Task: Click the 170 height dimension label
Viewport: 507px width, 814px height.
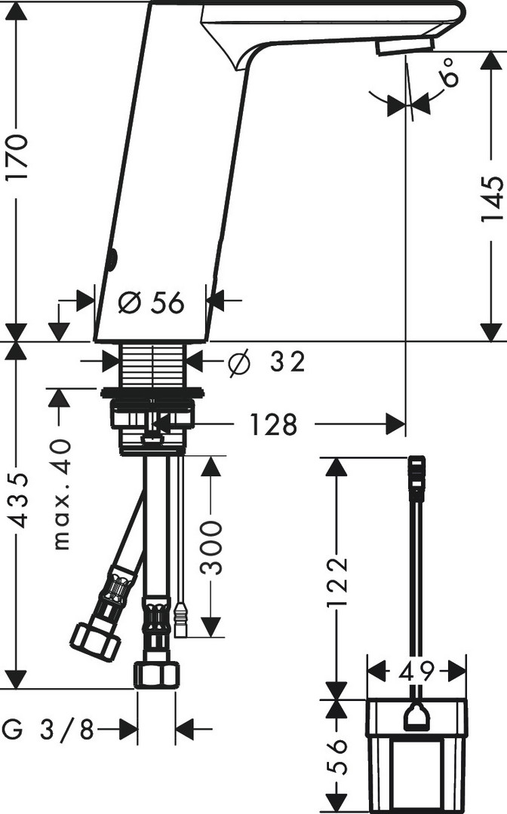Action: point(16,158)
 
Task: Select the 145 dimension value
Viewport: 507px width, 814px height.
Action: point(491,199)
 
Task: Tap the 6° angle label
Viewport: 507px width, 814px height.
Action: point(450,71)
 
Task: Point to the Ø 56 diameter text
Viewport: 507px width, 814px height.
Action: point(151,302)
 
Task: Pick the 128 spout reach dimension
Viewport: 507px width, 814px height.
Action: point(274,424)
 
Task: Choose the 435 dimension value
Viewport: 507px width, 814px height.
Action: point(20,500)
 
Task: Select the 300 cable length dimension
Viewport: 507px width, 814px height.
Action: point(211,548)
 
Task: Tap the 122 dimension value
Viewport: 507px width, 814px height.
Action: point(338,582)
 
